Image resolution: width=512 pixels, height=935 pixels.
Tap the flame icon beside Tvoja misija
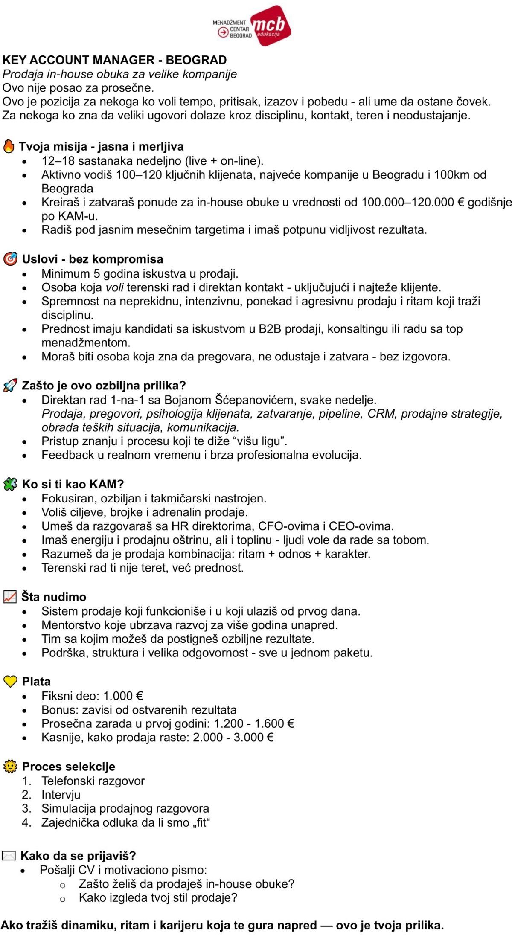9,146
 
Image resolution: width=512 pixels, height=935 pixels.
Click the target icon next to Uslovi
10,259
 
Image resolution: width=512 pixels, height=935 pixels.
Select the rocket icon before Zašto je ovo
10,386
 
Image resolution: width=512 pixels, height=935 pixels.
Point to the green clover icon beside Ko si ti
10,484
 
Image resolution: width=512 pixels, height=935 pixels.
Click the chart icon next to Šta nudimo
10,597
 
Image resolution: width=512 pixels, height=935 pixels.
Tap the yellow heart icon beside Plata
10,681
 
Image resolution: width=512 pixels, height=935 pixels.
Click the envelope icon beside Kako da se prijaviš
9,856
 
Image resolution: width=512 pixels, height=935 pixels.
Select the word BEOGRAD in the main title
196,60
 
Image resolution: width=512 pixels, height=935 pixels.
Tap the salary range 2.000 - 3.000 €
233,738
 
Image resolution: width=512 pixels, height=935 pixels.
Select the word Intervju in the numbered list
61,795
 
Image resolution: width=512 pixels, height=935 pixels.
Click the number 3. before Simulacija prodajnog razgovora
27,808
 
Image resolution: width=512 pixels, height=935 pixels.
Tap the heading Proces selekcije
68,767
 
